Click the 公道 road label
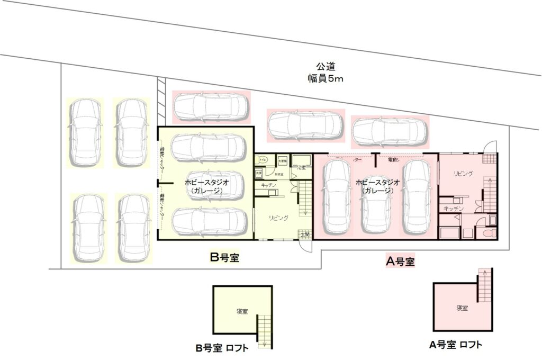click(326, 67)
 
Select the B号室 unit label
click(224, 258)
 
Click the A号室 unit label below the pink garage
click(400, 261)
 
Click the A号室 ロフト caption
click(456, 345)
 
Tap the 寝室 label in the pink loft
click(462, 308)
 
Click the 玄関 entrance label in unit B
click(305, 234)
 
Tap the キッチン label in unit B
click(268, 185)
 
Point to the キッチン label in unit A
click(454, 209)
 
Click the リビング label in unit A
click(464, 173)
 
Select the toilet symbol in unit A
click(490, 232)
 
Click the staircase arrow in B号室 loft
click(264, 334)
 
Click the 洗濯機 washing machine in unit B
click(282, 160)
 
